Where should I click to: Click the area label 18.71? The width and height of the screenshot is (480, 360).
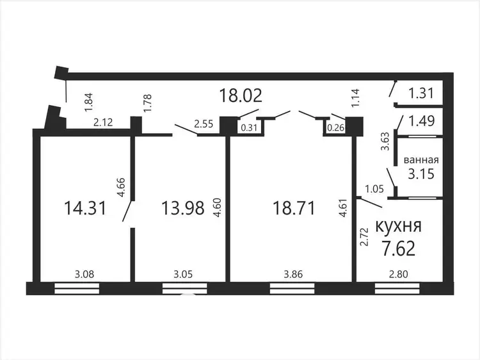click(x=294, y=208)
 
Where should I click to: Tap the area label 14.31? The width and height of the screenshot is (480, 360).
click(x=85, y=208)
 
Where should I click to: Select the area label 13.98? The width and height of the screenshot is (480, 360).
click(x=183, y=208)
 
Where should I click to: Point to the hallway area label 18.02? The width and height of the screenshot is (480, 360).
click(x=241, y=95)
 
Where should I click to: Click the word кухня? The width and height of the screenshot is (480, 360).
click(x=398, y=226)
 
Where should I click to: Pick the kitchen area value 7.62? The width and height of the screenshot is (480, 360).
click(x=398, y=249)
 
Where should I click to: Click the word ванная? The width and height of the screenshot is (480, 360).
click(x=421, y=160)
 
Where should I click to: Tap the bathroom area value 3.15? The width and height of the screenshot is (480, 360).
click(x=421, y=174)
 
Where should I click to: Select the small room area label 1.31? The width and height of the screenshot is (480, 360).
click(x=421, y=93)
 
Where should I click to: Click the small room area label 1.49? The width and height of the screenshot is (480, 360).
click(x=422, y=121)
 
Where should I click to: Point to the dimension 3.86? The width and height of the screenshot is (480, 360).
click(x=293, y=274)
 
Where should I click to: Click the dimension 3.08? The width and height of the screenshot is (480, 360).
click(x=84, y=274)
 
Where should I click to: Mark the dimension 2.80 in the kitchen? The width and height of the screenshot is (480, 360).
click(x=399, y=274)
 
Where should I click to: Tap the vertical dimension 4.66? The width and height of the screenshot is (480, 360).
click(x=122, y=187)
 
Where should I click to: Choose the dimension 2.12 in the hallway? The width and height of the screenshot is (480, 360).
click(x=103, y=122)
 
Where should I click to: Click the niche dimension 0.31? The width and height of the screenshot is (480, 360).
click(x=249, y=127)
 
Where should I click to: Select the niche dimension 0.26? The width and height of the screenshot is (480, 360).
click(x=336, y=127)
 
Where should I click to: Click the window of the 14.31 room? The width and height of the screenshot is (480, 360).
click(x=77, y=289)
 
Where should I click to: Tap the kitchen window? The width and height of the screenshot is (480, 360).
click(x=397, y=289)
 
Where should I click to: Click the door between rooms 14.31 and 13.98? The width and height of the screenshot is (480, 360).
click(x=128, y=211)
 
